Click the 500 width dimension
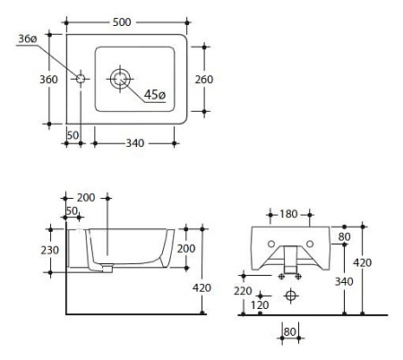coord(122,22)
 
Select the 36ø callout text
coord(28,39)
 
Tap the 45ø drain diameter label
coord(154,95)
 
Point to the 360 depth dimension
coord(48,80)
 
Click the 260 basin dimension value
coord(204,80)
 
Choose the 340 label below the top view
coord(135,143)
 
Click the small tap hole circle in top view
coord(81,79)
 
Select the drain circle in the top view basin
coord(120,79)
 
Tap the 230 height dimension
coord(50,250)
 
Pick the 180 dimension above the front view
coord(288,214)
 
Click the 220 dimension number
coord(243,291)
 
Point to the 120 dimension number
coord(260,305)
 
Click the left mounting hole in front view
coord(271,244)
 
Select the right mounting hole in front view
coord(310,244)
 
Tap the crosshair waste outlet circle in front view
coord(290,296)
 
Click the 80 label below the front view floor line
coord(290,332)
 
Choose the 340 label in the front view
coord(344,281)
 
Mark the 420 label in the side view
coord(201,287)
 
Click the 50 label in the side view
coord(72,211)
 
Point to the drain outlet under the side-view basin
coord(107,270)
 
